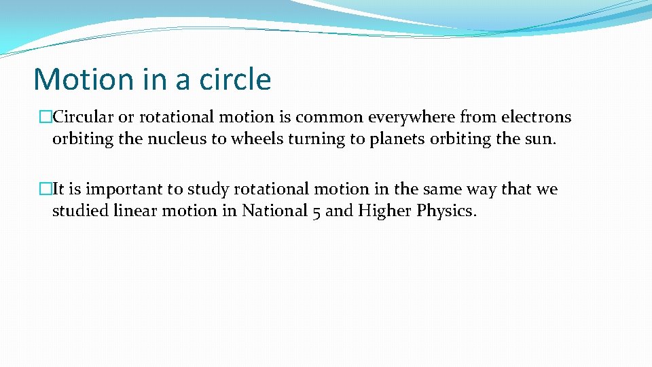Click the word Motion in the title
pyautogui.click(x=84, y=80)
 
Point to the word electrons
pyautogui.click(x=537, y=117)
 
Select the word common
pyautogui.click(x=329, y=117)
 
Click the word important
pyautogui.click(x=117, y=189)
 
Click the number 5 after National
pyautogui.click(x=316, y=211)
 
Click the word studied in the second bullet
pyautogui.click(x=76, y=211)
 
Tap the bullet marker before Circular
pyautogui.click(x=46, y=118)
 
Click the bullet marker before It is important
pyautogui.click(x=46, y=190)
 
